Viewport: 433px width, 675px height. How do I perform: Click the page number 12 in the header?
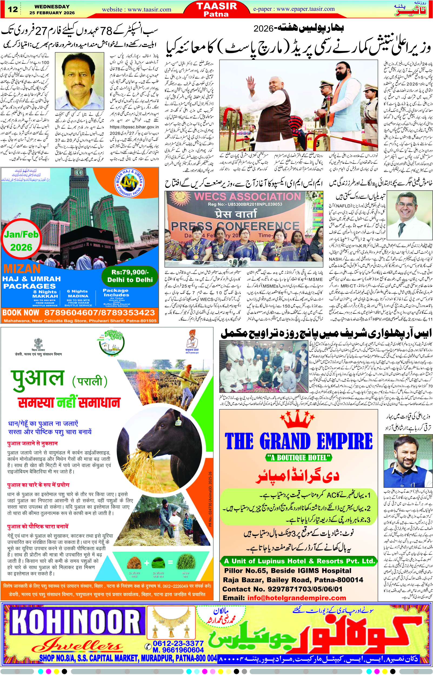tap(13, 9)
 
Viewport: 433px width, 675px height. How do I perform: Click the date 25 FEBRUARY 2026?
tap(52, 13)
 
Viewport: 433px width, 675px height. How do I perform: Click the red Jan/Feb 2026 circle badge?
tap(21, 241)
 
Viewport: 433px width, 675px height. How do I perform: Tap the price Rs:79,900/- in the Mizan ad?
tap(130, 272)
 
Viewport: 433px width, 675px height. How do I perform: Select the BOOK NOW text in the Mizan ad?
tap(21, 312)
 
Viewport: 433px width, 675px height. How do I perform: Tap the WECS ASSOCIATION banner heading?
tap(247, 197)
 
